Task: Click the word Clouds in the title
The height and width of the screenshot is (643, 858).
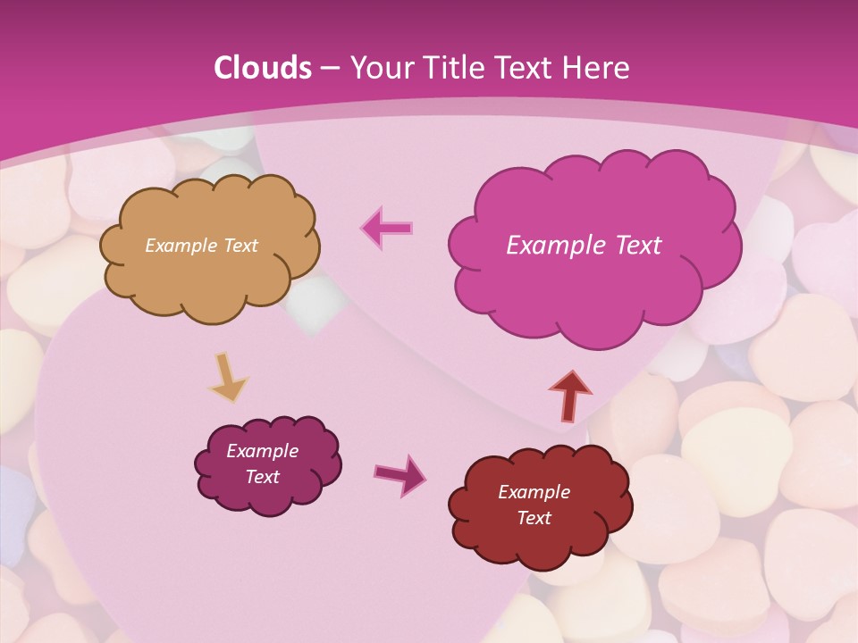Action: point(262,68)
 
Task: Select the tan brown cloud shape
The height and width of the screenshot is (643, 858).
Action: point(209,277)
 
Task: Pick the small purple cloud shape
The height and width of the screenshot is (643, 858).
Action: point(268,497)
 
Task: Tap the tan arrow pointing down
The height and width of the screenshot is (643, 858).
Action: point(228,376)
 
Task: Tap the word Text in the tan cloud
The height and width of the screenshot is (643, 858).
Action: point(240,246)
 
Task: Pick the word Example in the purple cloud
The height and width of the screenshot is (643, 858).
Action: point(262,451)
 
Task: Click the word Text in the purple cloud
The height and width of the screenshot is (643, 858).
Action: point(262,477)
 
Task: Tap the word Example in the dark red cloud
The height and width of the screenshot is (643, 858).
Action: point(534,492)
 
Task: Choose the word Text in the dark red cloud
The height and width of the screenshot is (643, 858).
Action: point(534,518)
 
